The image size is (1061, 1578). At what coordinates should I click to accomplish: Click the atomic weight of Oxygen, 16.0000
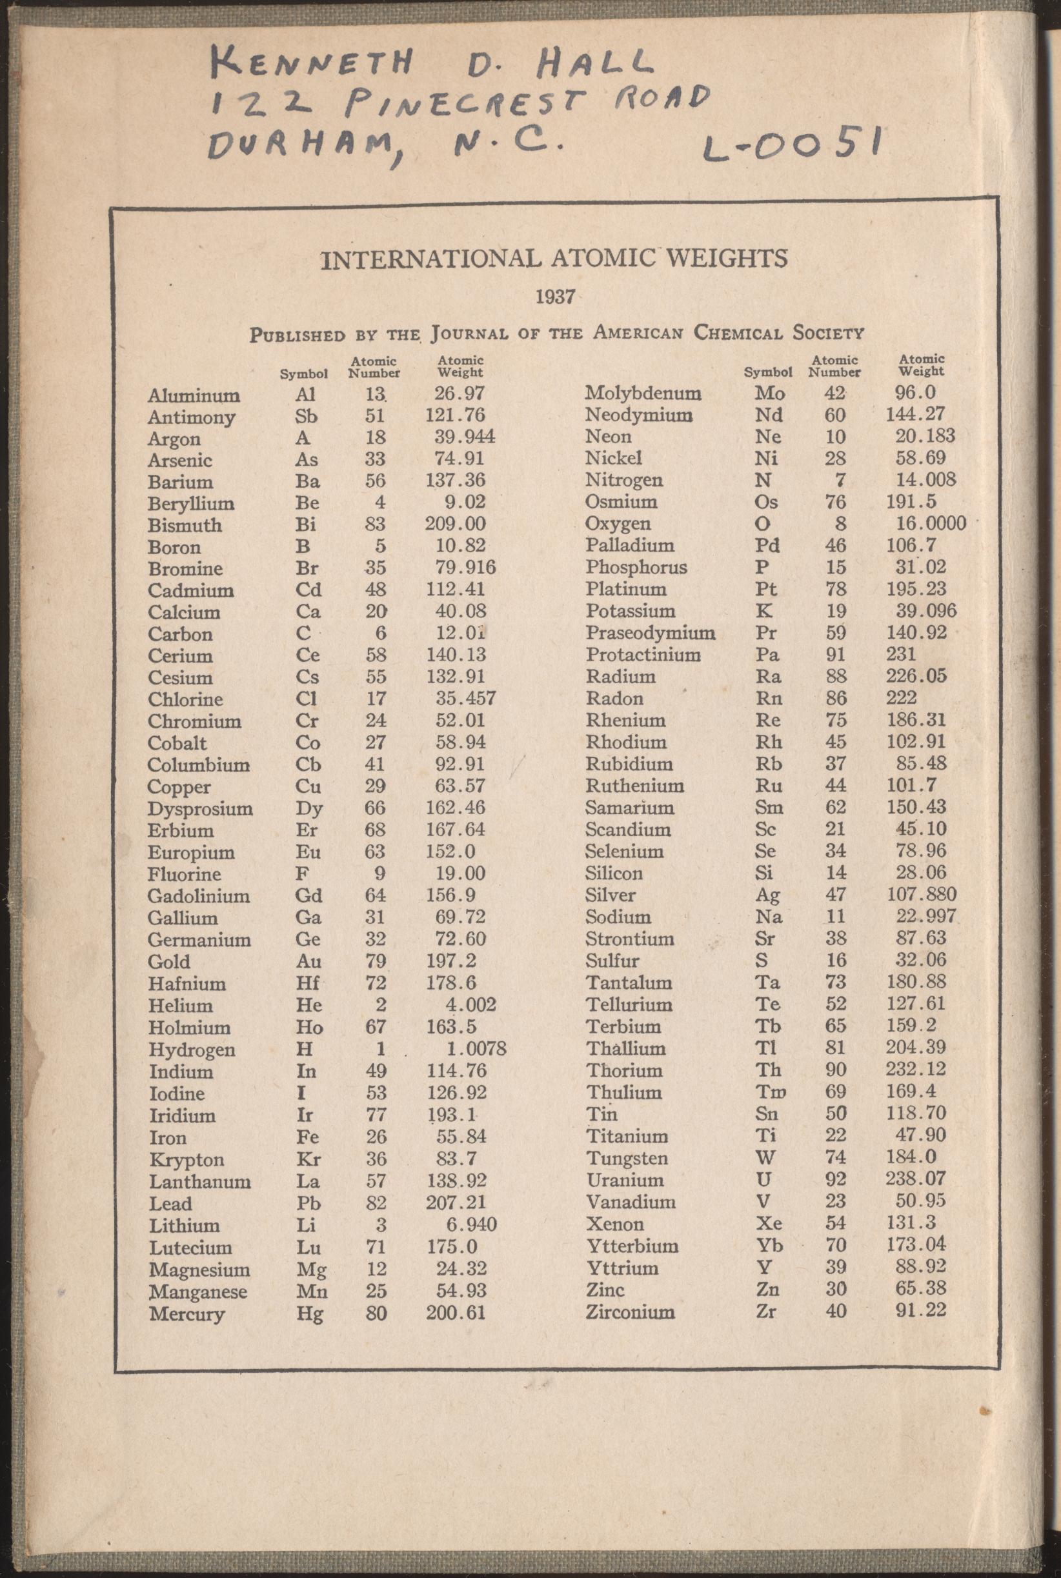tap(925, 523)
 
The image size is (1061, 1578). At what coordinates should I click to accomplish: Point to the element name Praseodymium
tap(651, 633)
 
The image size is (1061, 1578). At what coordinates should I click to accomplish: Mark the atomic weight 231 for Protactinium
tap(901, 654)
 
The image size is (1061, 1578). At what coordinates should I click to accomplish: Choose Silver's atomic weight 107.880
tap(922, 894)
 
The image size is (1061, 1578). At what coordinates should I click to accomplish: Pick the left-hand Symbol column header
tap(305, 374)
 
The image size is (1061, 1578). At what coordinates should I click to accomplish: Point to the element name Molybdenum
tap(643, 393)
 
